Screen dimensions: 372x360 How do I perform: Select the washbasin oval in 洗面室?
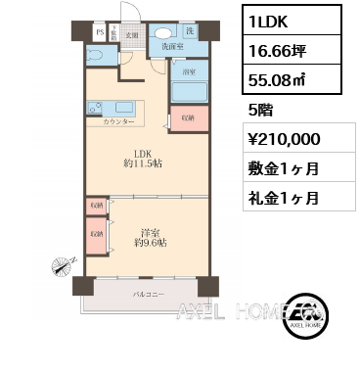tap(162, 31)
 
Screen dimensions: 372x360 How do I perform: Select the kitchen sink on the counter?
tap(125, 108)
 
